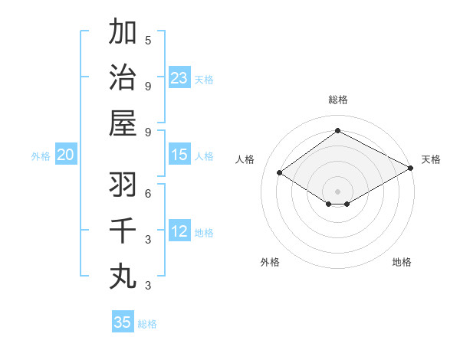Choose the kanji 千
tap(123, 231)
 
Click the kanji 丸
tap(123, 276)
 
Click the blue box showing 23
tap(179, 77)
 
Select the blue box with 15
tap(179, 155)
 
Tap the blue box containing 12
tap(179, 231)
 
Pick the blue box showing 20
tap(66, 155)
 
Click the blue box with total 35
tap(123, 322)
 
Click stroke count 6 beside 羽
tap(148, 194)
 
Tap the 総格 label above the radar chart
tap(337, 100)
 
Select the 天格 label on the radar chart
tap(431, 159)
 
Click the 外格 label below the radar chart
tap(270, 262)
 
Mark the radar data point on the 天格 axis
tap(410, 169)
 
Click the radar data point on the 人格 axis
tap(280, 173)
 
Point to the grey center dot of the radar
tap(337, 190)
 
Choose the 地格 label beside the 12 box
tap(204, 232)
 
